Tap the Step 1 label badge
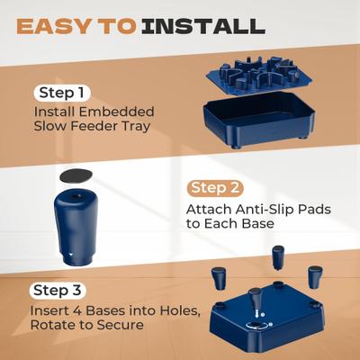click(x=63, y=93)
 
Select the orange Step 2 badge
click(x=216, y=188)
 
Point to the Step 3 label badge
click(x=59, y=290)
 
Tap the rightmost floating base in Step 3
click(x=314, y=275)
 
